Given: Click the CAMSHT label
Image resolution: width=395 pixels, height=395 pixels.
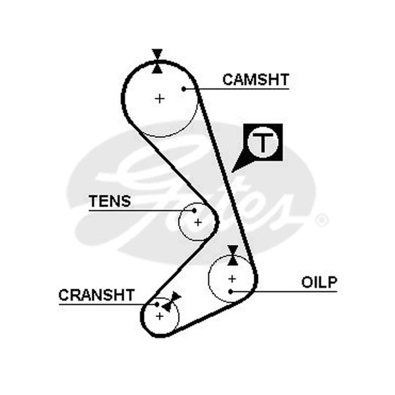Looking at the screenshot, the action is [x=256, y=79].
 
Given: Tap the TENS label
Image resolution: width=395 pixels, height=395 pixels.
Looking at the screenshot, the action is [x=110, y=201].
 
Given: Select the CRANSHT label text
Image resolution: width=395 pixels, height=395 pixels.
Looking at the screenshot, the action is [x=96, y=295].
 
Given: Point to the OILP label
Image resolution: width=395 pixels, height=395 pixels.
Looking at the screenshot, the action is [x=319, y=282].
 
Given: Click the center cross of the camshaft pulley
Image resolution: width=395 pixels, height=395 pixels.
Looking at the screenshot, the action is [x=159, y=98].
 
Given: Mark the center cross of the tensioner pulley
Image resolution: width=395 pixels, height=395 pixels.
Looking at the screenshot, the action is [x=198, y=223].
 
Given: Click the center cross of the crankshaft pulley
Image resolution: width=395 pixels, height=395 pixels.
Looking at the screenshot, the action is [x=159, y=316].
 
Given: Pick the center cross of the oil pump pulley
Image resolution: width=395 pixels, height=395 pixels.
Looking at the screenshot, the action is [x=232, y=279].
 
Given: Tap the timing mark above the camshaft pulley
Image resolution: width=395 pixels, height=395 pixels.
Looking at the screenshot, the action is [x=157, y=61].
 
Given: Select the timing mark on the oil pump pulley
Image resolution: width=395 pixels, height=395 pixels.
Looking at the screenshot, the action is [x=233, y=255].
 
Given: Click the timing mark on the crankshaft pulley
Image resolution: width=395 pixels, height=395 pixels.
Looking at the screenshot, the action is [x=171, y=302].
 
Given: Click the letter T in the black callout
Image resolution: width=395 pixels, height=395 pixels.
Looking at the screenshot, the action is [x=263, y=143].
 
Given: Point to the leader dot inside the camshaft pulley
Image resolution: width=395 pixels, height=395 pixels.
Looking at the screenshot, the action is [x=184, y=89].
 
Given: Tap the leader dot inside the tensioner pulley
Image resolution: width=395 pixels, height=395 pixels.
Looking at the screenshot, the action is [x=194, y=210].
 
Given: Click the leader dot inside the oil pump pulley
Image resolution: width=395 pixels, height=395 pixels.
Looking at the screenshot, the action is [x=231, y=292].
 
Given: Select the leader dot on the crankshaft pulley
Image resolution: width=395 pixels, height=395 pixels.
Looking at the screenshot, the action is [x=157, y=304].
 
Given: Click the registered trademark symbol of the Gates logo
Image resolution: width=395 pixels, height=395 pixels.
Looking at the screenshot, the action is [x=322, y=220].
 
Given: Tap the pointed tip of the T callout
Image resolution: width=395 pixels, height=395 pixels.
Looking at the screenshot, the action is [x=232, y=172].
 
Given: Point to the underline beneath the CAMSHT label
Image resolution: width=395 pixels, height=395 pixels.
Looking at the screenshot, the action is [x=237, y=89].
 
